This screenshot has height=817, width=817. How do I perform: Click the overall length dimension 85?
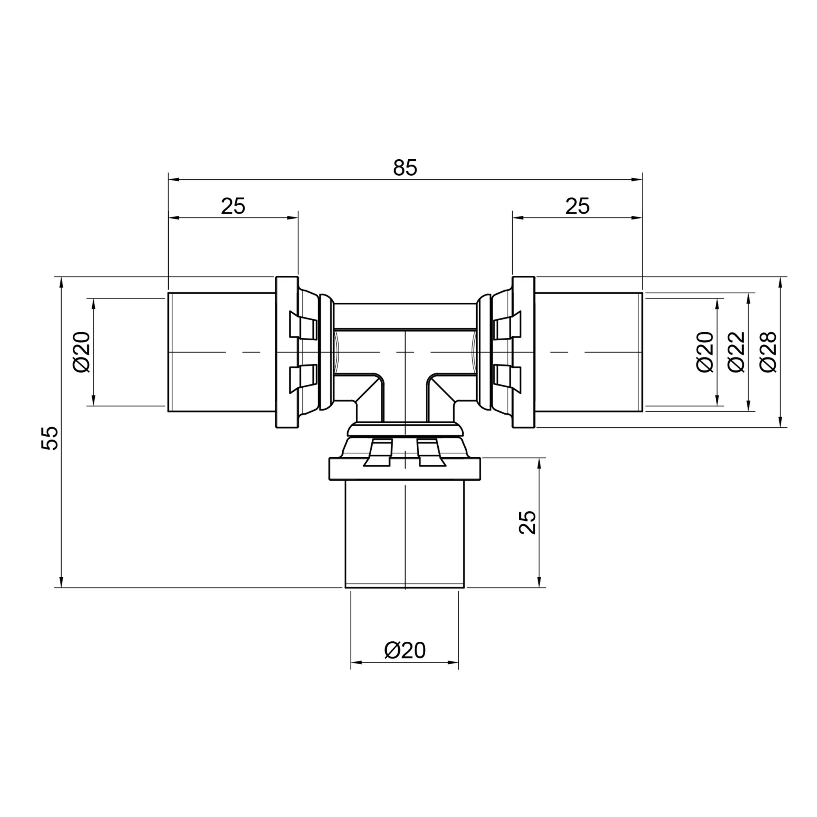(405, 168)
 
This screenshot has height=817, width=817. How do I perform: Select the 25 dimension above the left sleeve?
(233, 206)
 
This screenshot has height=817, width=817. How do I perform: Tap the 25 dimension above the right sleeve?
(577, 206)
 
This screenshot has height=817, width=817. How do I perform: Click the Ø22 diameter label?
(736, 352)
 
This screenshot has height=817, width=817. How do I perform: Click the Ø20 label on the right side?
(705, 352)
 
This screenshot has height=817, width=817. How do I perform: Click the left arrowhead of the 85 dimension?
(173, 180)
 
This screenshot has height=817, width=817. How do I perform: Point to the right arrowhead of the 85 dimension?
(637, 180)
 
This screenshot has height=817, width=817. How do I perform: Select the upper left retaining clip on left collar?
(303, 325)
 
